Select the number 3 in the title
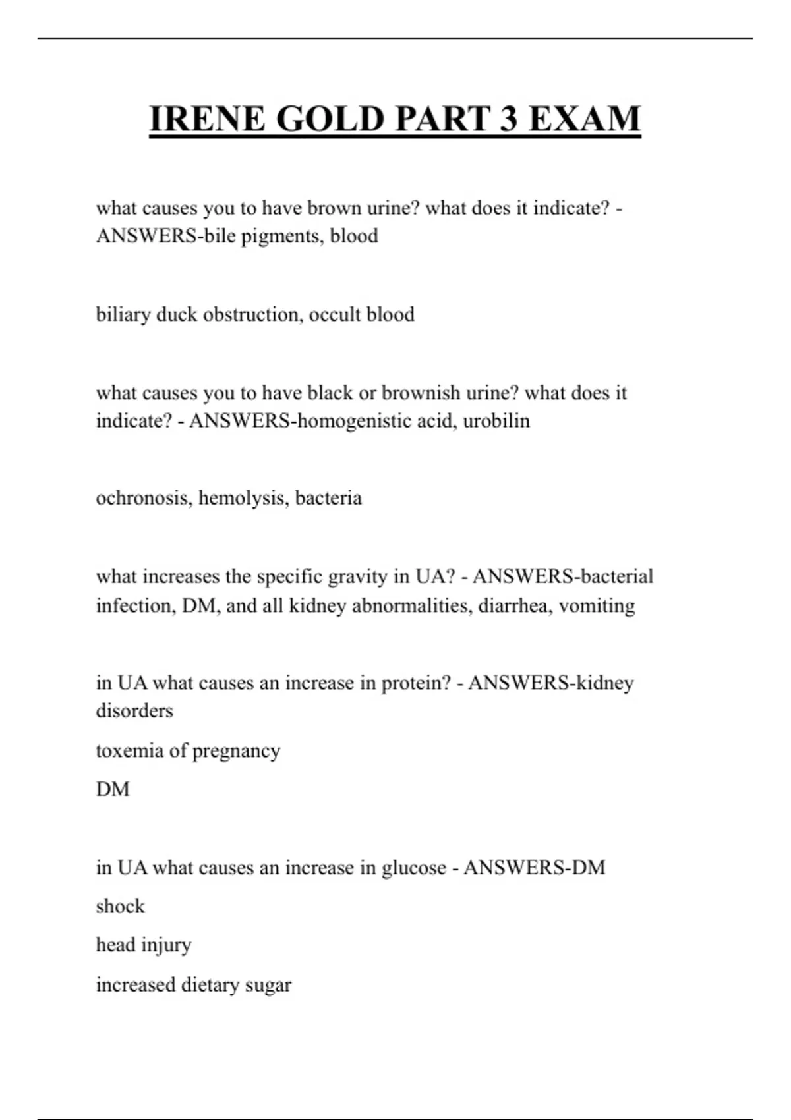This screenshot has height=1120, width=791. [508, 119]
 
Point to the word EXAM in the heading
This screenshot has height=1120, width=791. [585, 119]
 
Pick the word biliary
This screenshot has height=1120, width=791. [123, 314]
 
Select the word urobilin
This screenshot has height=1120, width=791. [496, 421]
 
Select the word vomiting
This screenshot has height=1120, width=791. [597, 605]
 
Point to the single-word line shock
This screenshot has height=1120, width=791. [120, 907]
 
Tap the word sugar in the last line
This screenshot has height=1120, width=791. [268, 986]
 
